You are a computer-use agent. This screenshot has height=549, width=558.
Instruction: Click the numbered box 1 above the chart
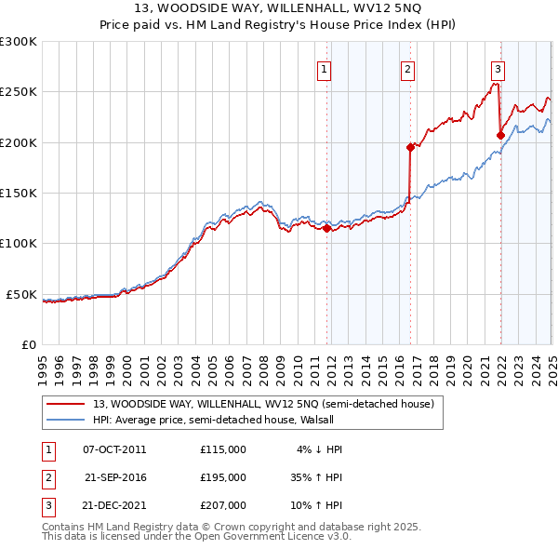[325, 68]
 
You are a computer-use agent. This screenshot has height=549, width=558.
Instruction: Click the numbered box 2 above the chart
[407, 68]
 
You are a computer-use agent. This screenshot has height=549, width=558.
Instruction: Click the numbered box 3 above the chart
[498, 68]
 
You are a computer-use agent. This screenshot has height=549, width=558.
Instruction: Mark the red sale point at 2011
[326, 228]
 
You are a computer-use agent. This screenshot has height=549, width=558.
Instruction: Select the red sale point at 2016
[410, 147]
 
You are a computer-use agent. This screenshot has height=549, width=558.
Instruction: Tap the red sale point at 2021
[500, 135]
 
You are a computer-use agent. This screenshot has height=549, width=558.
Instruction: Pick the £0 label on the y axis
[28, 345]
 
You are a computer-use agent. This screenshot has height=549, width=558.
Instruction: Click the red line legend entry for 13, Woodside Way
[263, 404]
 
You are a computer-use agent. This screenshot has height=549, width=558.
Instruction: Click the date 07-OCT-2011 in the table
[114, 449]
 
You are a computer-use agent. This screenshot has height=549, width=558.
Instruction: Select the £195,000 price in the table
[223, 477]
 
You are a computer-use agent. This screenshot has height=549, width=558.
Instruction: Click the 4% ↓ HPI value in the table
[320, 449]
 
